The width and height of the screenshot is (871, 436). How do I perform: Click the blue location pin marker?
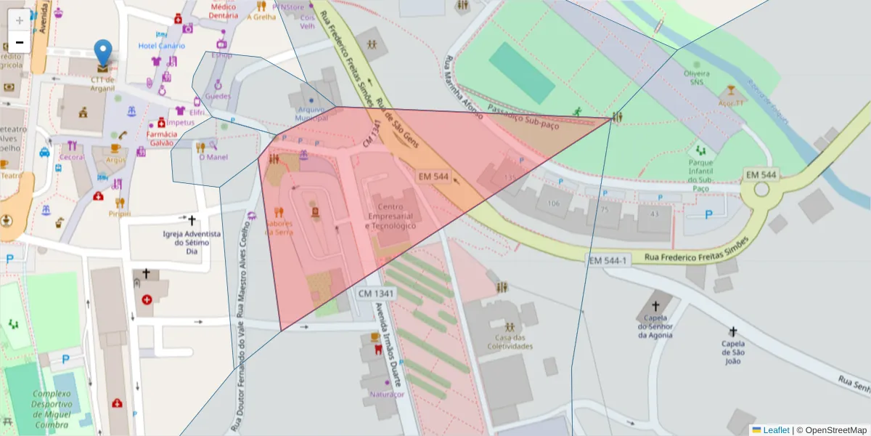(104, 52)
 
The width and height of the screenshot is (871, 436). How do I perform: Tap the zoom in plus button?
(20, 20)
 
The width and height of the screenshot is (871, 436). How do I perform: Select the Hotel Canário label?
(161, 46)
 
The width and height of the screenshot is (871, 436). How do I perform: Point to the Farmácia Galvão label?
(162, 138)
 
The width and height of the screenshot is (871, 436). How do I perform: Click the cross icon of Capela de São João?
(733, 331)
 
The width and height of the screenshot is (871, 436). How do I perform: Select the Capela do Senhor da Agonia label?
(655, 326)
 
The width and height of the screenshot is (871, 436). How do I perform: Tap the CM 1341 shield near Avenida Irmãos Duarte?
(376, 293)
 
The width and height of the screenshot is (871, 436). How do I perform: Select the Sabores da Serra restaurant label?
(279, 227)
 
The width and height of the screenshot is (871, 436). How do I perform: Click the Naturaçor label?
(386, 394)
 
